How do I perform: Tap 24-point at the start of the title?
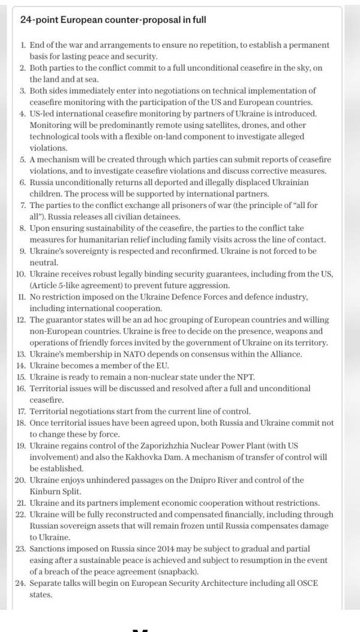[x=38, y=19]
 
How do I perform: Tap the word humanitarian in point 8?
[x=94, y=240]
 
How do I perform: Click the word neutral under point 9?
[x=42, y=263]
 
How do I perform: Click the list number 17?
[x=21, y=411]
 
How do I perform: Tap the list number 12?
[x=21, y=320]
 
